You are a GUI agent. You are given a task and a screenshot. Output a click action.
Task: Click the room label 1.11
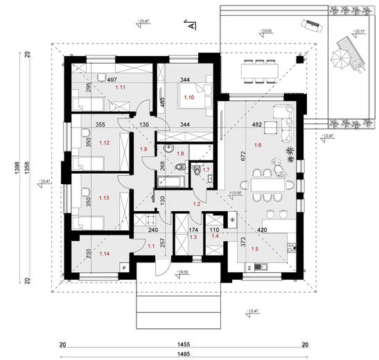point(120,89)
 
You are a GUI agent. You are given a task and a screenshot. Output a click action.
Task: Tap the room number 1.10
point(189,98)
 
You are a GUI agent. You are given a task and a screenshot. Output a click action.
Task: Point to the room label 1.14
point(86,255)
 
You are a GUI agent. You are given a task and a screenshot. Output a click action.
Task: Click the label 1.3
point(194,237)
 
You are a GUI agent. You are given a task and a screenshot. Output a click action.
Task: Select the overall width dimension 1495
point(184,352)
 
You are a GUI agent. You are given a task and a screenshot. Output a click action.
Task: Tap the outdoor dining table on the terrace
point(258,69)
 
